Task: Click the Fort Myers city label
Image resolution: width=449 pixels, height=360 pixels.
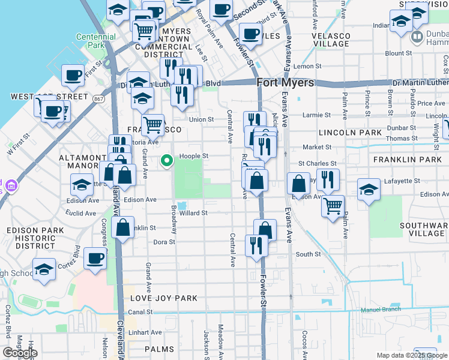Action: [x=285, y=83]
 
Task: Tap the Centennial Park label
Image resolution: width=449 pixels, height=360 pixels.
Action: [x=96, y=41]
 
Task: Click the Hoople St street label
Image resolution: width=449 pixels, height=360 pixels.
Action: [x=194, y=156]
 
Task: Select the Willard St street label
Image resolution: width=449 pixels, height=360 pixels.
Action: [x=193, y=213]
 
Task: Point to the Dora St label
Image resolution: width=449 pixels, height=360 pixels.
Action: [x=164, y=242]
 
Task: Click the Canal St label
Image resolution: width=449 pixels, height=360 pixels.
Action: [x=140, y=312]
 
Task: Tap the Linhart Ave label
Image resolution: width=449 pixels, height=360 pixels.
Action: [x=148, y=332]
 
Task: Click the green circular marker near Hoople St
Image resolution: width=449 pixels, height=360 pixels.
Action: [x=167, y=160]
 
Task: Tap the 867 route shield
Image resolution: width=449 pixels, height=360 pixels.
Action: [x=99, y=98]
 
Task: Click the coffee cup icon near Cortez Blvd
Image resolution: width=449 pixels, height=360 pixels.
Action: [x=95, y=259]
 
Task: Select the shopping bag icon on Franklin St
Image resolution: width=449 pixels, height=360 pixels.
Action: [x=123, y=229]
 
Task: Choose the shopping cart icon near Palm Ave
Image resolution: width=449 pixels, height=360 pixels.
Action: [x=333, y=206]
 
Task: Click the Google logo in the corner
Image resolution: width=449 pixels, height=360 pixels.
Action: [x=20, y=353]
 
